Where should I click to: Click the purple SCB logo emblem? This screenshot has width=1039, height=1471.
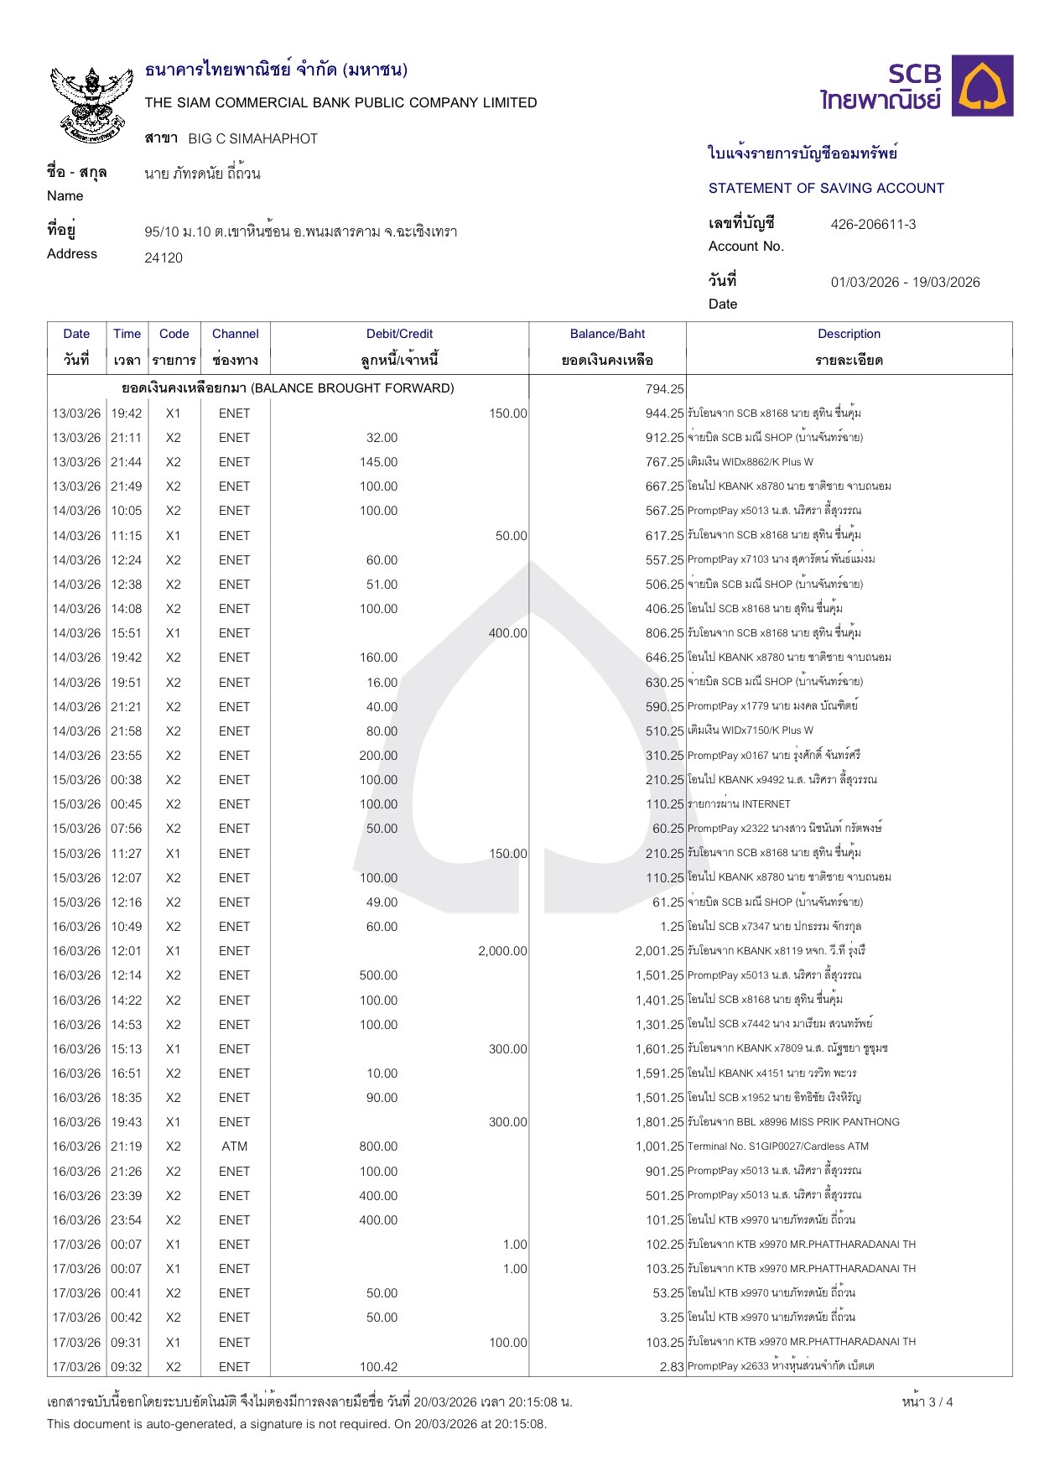click(985, 86)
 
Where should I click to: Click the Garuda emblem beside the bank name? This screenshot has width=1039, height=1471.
click(91, 102)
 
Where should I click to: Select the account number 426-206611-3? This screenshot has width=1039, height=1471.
click(873, 224)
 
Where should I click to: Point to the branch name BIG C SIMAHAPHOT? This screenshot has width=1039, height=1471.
click(252, 138)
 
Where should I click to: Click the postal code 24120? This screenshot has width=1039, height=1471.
click(164, 257)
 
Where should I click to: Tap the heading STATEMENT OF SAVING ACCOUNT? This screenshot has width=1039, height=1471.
click(826, 188)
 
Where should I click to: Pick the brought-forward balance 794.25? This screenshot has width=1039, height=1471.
click(664, 388)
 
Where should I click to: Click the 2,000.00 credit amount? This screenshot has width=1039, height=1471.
click(502, 951)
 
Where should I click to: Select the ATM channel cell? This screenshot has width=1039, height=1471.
click(234, 1146)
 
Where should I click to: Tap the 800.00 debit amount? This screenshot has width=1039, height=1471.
click(378, 1146)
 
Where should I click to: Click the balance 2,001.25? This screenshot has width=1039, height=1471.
click(659, 951)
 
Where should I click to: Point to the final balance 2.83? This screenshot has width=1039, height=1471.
click(671, 1367)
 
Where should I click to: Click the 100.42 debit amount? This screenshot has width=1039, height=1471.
click(378, 1367)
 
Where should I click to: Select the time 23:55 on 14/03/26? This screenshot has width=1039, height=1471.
click(127, 756)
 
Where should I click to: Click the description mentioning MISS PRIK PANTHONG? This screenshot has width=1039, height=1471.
click(793, 1122)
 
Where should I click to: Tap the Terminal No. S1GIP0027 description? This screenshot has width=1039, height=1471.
click(777, 1146)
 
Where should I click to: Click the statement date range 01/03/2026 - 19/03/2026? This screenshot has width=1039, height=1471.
click(905, 282)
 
